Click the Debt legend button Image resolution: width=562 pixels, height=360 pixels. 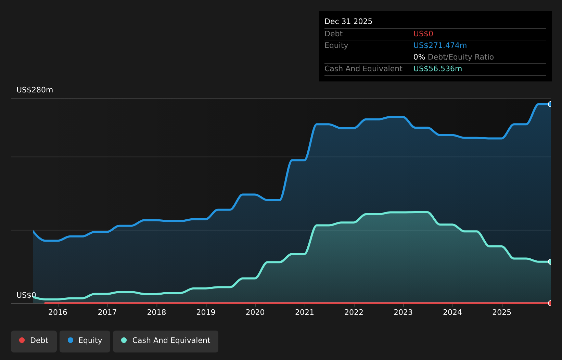pos(34,341)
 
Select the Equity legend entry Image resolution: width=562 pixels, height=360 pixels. pos(85,341)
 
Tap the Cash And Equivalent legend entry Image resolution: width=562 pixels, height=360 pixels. pos(166,341)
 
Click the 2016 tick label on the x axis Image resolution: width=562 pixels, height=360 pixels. pos(58,312)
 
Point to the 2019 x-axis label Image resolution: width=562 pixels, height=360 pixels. pos(206,312)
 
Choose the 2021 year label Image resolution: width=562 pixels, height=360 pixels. pos(305,312)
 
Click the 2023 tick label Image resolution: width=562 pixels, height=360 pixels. pos(403,312)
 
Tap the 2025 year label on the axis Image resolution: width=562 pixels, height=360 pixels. pos(502,312)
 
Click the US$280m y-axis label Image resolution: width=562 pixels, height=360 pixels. pos(35,90)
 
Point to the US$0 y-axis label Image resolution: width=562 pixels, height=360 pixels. pos(26,295)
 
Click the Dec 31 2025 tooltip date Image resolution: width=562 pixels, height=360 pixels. pos(348,22)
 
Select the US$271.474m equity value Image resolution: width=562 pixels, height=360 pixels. pos(440,46)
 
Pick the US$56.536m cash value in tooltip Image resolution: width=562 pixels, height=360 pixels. pos(437,69)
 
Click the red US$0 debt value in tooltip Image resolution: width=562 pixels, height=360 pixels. pos(423,34)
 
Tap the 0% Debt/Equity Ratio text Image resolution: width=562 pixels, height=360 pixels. pos(453,57)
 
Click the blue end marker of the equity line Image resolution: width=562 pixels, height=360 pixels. pos(550,104)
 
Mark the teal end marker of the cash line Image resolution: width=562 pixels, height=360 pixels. pos(550,262)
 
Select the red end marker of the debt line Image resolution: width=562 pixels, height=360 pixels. pos(550,303)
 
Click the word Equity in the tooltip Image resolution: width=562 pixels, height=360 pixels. pos(336,46)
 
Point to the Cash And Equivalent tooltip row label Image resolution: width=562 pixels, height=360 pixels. pos(363,69)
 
